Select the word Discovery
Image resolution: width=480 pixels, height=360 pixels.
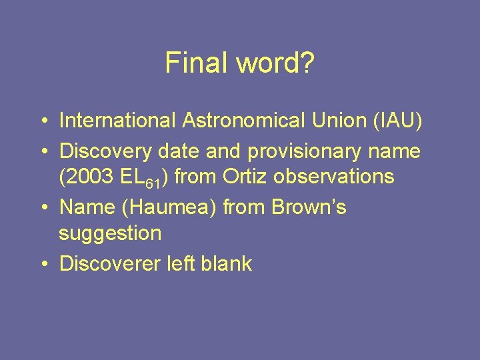tap(106, 151)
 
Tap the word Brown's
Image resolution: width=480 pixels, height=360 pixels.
tap(309, 207)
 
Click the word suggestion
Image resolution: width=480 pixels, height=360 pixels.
tap(110, 233)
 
